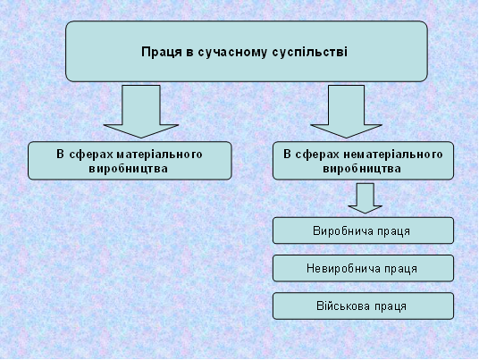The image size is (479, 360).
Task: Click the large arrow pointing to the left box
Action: [141, 112]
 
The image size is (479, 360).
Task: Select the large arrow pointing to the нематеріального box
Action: [346, 112]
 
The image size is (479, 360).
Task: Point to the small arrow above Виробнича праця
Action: [365, 197]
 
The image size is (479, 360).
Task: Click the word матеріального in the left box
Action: [159, 155]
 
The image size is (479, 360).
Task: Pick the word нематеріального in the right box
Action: [393, 155]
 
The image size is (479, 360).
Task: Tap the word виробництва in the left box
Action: [129, 169]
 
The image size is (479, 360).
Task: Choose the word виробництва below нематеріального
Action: [362, 169]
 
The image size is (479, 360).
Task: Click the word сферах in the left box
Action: [91, 155]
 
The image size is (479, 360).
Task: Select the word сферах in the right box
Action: [318, 155]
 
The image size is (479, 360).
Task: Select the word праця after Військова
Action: [389, 307]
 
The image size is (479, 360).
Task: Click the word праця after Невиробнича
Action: [399, 270]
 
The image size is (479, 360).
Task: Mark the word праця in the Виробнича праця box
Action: [392, 232]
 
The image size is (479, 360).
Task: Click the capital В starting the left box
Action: [60, 155]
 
